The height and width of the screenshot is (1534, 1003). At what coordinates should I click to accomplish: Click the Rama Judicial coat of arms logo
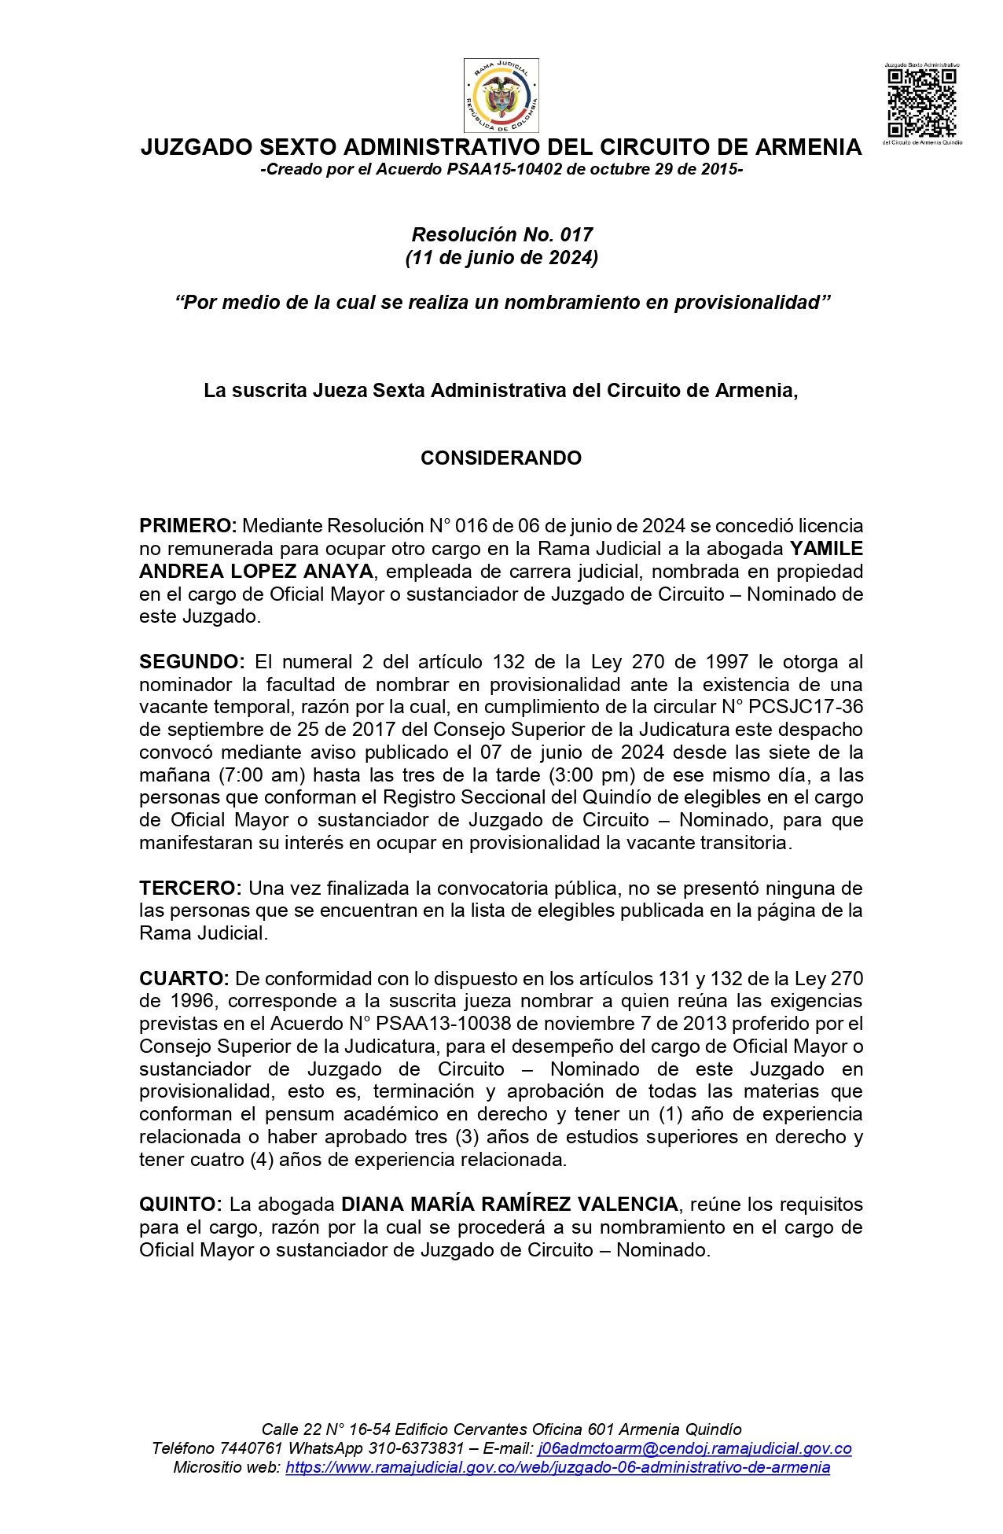click(x=501, y=95)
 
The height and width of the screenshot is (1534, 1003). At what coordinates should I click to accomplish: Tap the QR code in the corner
click(x=921, y=103)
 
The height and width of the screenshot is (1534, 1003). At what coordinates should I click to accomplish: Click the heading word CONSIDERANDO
click(x=501, y=458)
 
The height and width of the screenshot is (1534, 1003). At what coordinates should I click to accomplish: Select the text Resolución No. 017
click(x=501, y=234)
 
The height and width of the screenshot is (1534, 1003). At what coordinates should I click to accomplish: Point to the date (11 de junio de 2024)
click(x=501, y=258)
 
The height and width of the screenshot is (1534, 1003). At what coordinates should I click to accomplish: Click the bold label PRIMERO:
click(x=188, y=526)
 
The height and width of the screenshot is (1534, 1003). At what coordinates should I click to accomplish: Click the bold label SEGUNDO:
click(x=192, y=662)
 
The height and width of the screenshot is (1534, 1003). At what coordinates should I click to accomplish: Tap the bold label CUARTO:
click(x=184, y=979)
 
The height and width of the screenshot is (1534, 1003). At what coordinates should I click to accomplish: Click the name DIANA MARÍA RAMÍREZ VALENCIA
click(x=509, y=1205)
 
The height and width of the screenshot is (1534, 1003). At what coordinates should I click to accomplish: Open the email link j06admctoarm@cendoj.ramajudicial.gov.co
click(x=695, y=1448)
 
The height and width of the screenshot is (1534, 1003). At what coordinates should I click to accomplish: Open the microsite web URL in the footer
click(x=557, y=1467)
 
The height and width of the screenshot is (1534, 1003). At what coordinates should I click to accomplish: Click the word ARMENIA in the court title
click(x=808, y=147)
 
